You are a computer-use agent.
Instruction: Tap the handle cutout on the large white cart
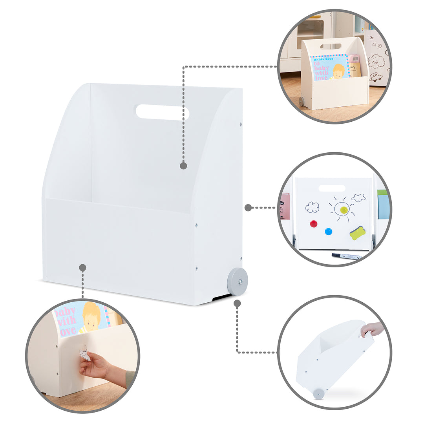[162, 112]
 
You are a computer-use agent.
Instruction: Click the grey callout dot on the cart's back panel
[183, 166]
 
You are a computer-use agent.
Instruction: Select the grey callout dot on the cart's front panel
[82, 268]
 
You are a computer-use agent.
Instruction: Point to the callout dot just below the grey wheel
[237, 303]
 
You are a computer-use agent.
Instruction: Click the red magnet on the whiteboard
[313, 224]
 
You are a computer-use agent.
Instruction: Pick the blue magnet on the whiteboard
[328, 231]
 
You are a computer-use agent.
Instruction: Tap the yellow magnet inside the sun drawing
[344, 210]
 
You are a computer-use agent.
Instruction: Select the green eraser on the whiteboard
[358, 233]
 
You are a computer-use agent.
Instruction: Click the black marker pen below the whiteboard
[346, 256]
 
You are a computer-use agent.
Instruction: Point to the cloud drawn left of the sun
[312, 207]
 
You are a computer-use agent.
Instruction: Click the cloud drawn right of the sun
[358, 197]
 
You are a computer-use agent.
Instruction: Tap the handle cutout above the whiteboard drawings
[332, 188]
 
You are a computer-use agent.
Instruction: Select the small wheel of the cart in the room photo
[302, 101]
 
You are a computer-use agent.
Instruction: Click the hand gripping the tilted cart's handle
[372, 329]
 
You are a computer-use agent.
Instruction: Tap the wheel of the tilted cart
[318, 393]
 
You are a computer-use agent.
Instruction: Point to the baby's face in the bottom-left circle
[91, 317]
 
